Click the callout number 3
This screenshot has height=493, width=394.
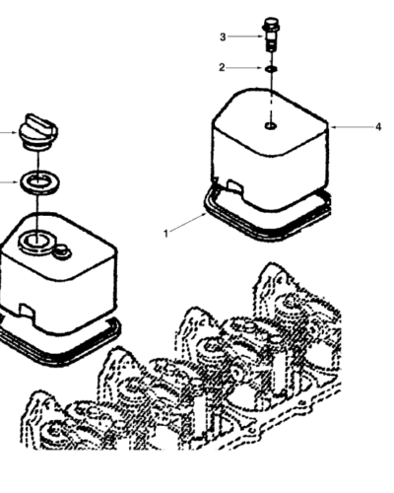click(x=223, y=37)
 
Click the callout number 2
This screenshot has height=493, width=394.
click(x=222, y=68)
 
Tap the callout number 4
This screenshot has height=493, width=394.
click(x=378, y=127)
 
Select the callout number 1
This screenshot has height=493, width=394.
click(x=165, y=234)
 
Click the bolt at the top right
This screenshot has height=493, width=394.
click(x=270, y=34)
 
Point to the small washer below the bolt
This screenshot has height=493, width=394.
click(x=271, y=69)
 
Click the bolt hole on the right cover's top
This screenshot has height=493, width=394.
click(x=271, y=126)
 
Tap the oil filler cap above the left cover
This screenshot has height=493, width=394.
click(x=38, y=132)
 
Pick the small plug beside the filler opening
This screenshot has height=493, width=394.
click(x=62, y=251)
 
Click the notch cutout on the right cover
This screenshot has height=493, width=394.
click(x=235, y=185)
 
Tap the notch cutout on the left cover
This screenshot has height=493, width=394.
click(x=27, y=310)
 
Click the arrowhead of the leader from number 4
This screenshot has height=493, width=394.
click(x=332, y=127)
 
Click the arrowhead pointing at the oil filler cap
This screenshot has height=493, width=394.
click(x=15, y=133)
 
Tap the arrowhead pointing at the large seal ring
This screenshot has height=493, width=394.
click(x=16, y=182)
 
